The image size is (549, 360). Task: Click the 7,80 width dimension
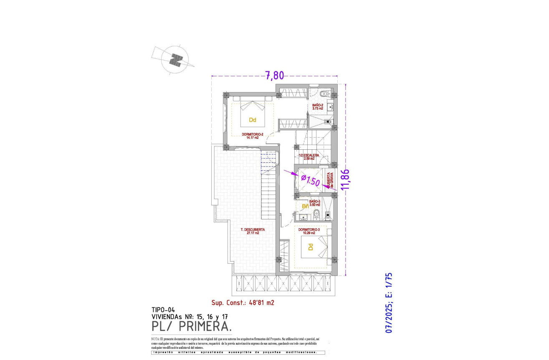pyautogui.click(x=274, y=76)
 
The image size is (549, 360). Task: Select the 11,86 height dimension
pyautogui.click(x=344, y=180)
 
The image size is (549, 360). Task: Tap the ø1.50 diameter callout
pyautogui.click(x=310, y=181)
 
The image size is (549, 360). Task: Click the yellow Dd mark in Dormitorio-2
pyautogui.click(x=252, y=120)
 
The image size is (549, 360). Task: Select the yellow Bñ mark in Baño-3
pyautogui.click(x=305, y=206)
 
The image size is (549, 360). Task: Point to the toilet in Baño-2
pyautogui.click(x=325, y=94)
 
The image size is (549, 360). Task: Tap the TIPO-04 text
pyautogui.click(x=163, y=310)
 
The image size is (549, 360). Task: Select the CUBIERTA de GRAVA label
pyautogui.click(x=330, y=180)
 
